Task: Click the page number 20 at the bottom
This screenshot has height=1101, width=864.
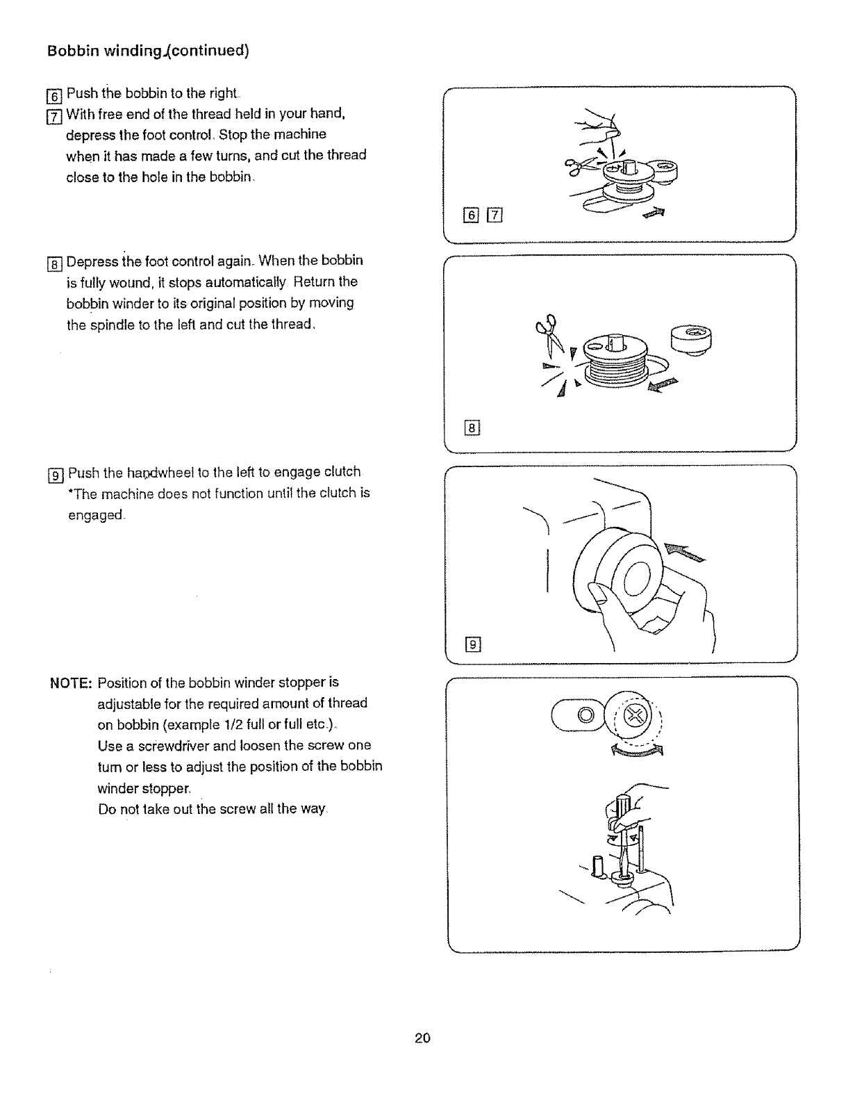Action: point(422,1038)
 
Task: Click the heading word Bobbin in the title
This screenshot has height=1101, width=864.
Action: point(70,51)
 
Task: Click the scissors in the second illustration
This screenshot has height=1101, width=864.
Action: point(545,332)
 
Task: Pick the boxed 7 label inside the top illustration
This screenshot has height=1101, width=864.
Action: point(494,215)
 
